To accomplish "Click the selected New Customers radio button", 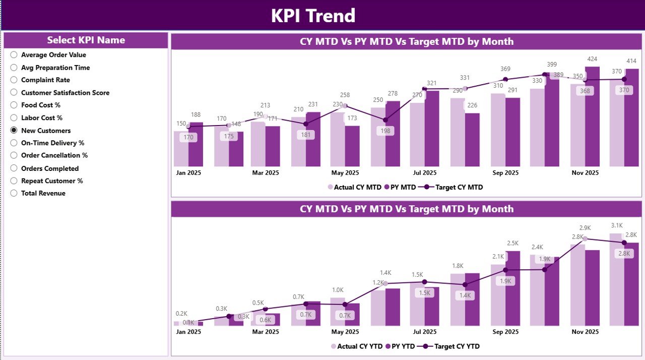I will pyautogui.click(x=14, y=130).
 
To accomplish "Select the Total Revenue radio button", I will pyautogui.click(x=14, y=193).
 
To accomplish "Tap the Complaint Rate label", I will pyautogui.click(x=45, y=80).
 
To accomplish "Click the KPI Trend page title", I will pyautogui.click(x=313, y=16).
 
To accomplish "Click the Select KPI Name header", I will pyautogui.click(x=86, y=40).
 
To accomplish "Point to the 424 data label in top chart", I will pyautogui.click(x=592, y=59).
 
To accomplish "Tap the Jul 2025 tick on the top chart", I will pyautogui.click(x=425, y=172).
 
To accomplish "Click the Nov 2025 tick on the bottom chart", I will pyautogui.click(x=585, y=332).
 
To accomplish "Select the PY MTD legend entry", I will pyautogui.click(x=400, y=187).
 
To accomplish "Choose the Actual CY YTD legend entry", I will pyautogui.click(x=356, y=346).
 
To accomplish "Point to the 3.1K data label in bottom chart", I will pyautogui.click(x=617, y=225).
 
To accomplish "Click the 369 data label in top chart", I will pyautogui.click(x=505, y=69).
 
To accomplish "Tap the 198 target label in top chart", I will pyautogui.click(x=385, y=131).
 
